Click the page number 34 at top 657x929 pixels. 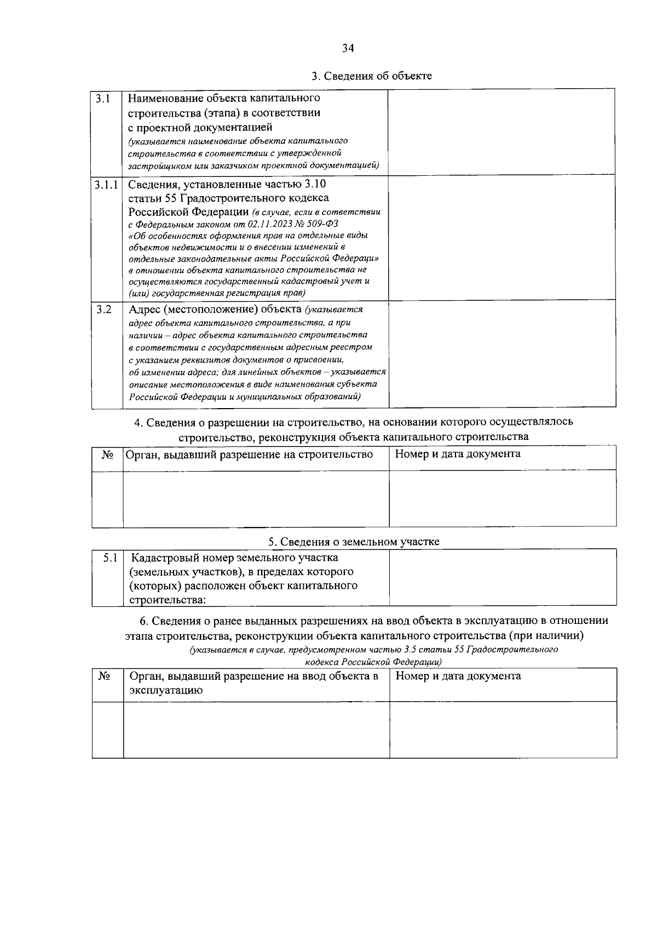[x=348, y=48]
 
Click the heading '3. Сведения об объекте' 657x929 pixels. [x=372, y=76]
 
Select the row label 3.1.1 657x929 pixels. [x=107, y=185]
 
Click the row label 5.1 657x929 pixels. [x=111, y=558]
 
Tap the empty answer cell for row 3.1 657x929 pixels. [x=501, y=132]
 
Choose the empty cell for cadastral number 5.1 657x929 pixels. [x=502, y=578]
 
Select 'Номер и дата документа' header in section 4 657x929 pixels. [x=458, y=454]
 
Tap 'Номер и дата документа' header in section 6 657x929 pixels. [x=458, y=676]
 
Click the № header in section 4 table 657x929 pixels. [x=107, y=455]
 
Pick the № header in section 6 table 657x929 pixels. [x=104, y=676]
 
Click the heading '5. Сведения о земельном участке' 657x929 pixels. [x=354, y=542]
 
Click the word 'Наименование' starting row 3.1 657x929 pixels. [x=166, y=99]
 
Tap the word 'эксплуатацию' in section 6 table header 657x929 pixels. [x=166, y=690]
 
